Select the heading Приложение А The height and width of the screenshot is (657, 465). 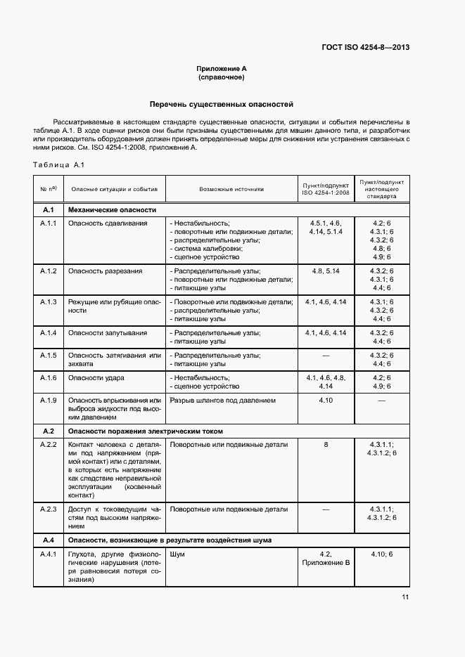click(x=222, y=69)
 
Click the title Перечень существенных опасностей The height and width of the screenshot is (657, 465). click(x=222, y=104)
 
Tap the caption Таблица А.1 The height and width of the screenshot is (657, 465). click(x=58, y=165)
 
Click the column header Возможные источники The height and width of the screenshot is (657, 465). click(x=231, y=189)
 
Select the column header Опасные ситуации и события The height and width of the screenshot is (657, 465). click(x=114, y=189)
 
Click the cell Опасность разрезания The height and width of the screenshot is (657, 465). click(x=105, y=271)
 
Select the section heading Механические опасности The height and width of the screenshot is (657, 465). click(x=111, y=210)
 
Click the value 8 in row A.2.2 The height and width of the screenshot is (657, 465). click(x=326, y=445)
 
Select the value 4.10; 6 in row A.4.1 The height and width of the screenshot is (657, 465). click(x=381, y=554)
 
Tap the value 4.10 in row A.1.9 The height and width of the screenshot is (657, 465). click(x=326, y=401)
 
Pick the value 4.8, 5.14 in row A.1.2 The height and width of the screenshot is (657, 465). click(x=326, y=271)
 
